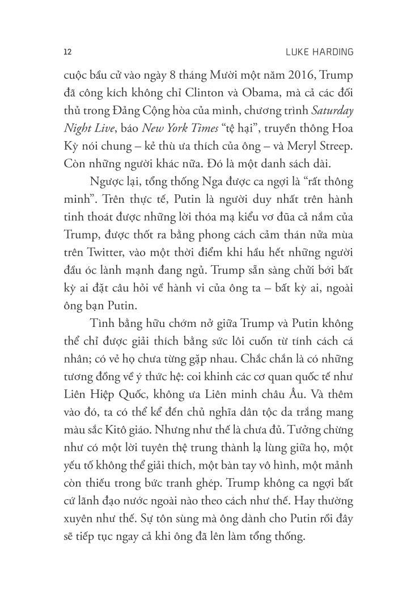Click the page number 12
(x=67, y=52)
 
